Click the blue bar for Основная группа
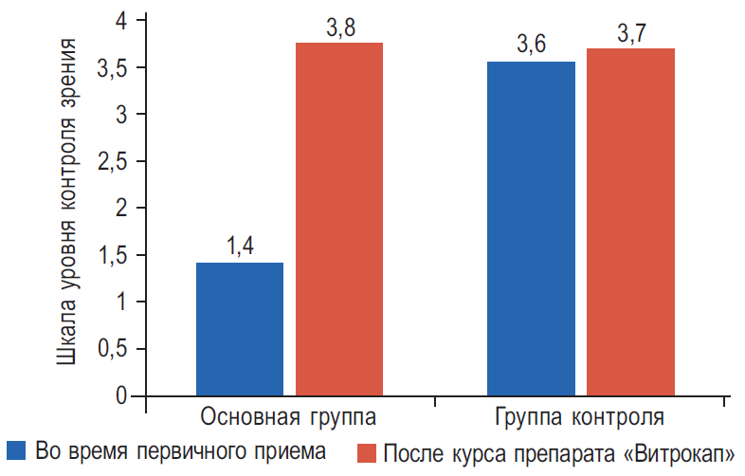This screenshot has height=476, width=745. click(x=240, y=328)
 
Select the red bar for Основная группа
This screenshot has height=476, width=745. click(x=339, y=218)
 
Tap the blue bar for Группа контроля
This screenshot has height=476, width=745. click(x=531, y=228)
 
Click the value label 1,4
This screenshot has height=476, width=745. click(x=241, y=247)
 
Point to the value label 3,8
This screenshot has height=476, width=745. click(x=340, y=28)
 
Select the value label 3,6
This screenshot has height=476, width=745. click(x=532, y=46)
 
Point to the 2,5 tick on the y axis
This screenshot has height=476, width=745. click(x=114, y=161)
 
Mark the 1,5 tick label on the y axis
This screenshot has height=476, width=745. click(x=114, y=255)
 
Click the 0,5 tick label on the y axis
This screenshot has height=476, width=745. click(x=114, y=349)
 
